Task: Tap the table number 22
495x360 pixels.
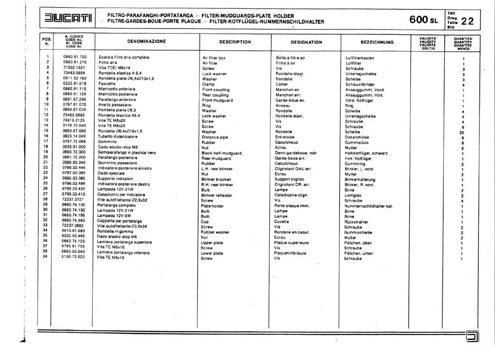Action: click(x=467, y=21)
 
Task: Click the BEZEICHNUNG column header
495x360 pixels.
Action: click(x=377, y=42)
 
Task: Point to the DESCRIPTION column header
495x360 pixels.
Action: click(x=235, y=42)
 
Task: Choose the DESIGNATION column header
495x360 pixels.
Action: click(x=306, y=42)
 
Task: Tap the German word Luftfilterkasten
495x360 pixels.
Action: click(x=360, y=57)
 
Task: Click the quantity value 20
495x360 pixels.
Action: click(x=462, y=133)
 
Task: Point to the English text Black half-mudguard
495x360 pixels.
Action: click(x=221, y=153)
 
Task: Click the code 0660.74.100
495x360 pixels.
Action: click(x=74, y=204)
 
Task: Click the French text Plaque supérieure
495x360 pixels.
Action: click(x=291, y=242)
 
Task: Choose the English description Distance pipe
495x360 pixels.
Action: click(x=215, y=137)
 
